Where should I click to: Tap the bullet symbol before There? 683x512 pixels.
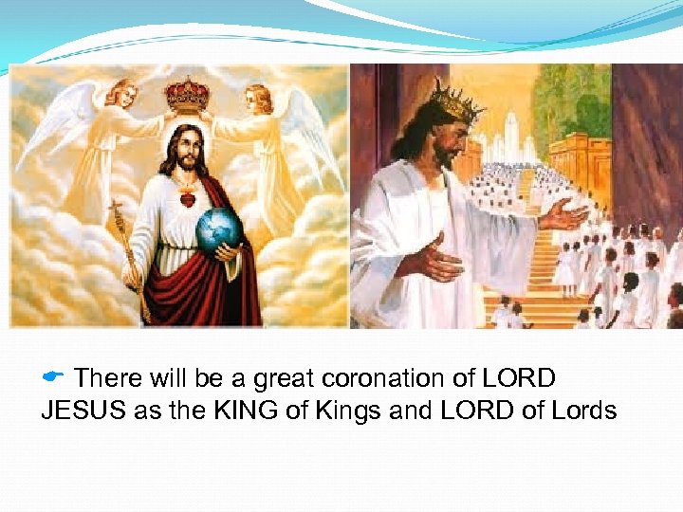[53, 377]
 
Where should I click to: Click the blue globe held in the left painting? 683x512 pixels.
[217, 229]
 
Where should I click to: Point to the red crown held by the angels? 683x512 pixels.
[188, 95]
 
